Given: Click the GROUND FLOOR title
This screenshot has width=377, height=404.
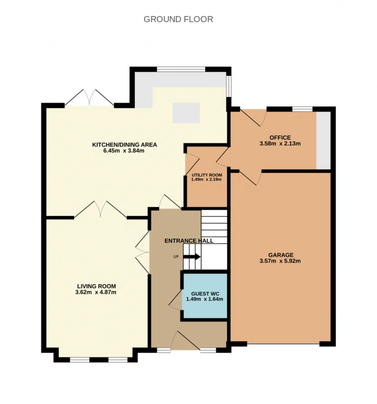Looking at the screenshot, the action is [x=178, y=19].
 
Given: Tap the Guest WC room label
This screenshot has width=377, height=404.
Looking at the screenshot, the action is [x=205, y=294].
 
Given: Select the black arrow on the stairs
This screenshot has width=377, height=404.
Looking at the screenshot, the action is [x=191, y=257].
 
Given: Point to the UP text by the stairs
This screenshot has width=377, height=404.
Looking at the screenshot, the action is [x=176, y=257].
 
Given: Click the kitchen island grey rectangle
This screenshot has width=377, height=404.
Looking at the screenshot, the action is [x=186, y=113].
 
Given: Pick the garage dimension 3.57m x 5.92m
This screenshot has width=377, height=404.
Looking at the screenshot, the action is [x=280, y=261].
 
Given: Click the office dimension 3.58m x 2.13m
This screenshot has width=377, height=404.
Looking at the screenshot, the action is [x=280, y=144].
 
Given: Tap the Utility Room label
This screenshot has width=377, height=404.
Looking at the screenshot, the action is [x=207, y=175].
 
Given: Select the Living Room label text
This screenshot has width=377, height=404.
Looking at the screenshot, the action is [x=97, y=286].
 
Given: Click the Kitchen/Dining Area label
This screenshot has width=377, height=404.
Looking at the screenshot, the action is [x=124, y=145].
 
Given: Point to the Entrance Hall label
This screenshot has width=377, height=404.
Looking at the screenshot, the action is [x=189, y=241].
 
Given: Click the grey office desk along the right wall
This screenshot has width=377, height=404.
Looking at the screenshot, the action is [x=323, y=140].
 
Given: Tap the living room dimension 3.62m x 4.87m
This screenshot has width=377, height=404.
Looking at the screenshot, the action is [x=96, y=292].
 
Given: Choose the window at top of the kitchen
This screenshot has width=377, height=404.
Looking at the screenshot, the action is [x=181, y=69].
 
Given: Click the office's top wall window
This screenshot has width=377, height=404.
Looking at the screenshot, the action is [x=302, y=109].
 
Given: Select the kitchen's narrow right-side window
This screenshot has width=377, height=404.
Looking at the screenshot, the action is [x=229, y=86].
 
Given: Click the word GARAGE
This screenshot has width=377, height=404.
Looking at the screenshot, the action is [x=281, y=255].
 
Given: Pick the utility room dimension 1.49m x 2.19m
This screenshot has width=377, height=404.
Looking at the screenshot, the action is [x=206, y=179].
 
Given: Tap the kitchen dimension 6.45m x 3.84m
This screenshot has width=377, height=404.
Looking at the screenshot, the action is [x=124, y=151].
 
